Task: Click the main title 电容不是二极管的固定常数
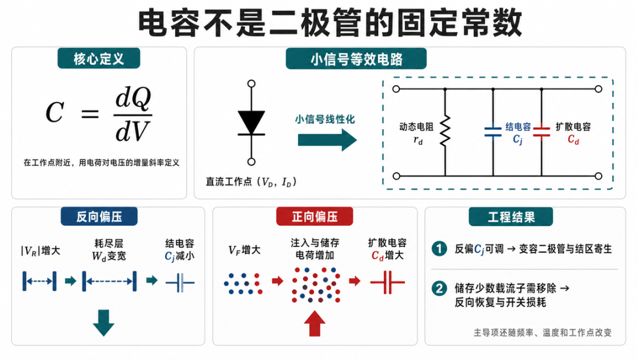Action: (330, 23)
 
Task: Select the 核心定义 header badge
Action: (99, 58)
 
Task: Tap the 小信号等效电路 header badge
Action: (356, 59)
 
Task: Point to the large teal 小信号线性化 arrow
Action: (327, 140)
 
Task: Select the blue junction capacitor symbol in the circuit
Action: (493, 131)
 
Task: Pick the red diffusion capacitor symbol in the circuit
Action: (541, 131)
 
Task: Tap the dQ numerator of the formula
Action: (133, 99)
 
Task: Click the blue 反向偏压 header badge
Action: (99, 217)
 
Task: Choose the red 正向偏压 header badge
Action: (315, 217)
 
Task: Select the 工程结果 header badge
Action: (511, 217)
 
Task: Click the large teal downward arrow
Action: (104, 323)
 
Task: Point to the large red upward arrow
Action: (315, 323)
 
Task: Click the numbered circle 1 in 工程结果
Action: (439, 249)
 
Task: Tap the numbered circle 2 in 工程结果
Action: (439, 289)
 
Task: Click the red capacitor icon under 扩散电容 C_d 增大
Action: (388, 282)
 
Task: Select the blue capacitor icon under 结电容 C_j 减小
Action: (180, 282)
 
